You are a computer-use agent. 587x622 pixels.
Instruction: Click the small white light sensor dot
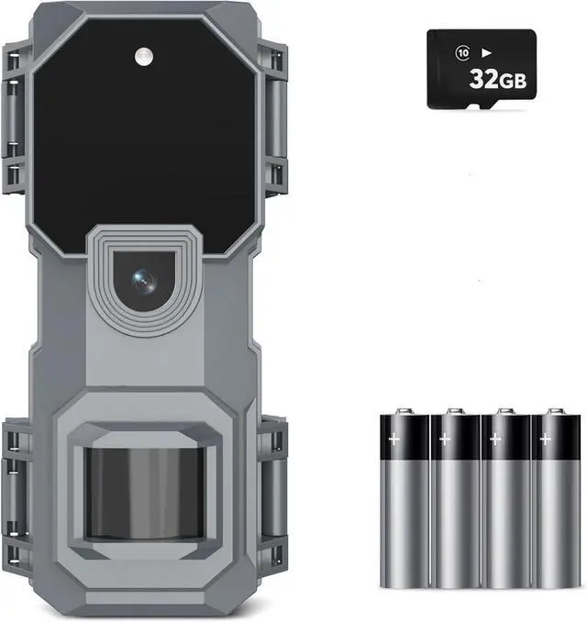(144, 56)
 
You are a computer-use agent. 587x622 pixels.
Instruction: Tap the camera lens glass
(144, 281)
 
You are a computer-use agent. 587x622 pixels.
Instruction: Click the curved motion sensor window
(144, 494)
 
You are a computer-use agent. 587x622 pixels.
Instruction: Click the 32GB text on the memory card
(498, 79)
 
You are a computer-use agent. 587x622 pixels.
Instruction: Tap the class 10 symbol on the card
(462, 53)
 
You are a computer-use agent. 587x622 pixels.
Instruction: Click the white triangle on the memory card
(486, 52)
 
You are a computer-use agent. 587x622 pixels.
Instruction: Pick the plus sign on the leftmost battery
(393, 439)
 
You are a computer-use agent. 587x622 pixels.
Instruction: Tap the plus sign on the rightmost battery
(546, 439)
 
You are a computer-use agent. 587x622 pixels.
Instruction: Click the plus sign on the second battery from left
(445, 439)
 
